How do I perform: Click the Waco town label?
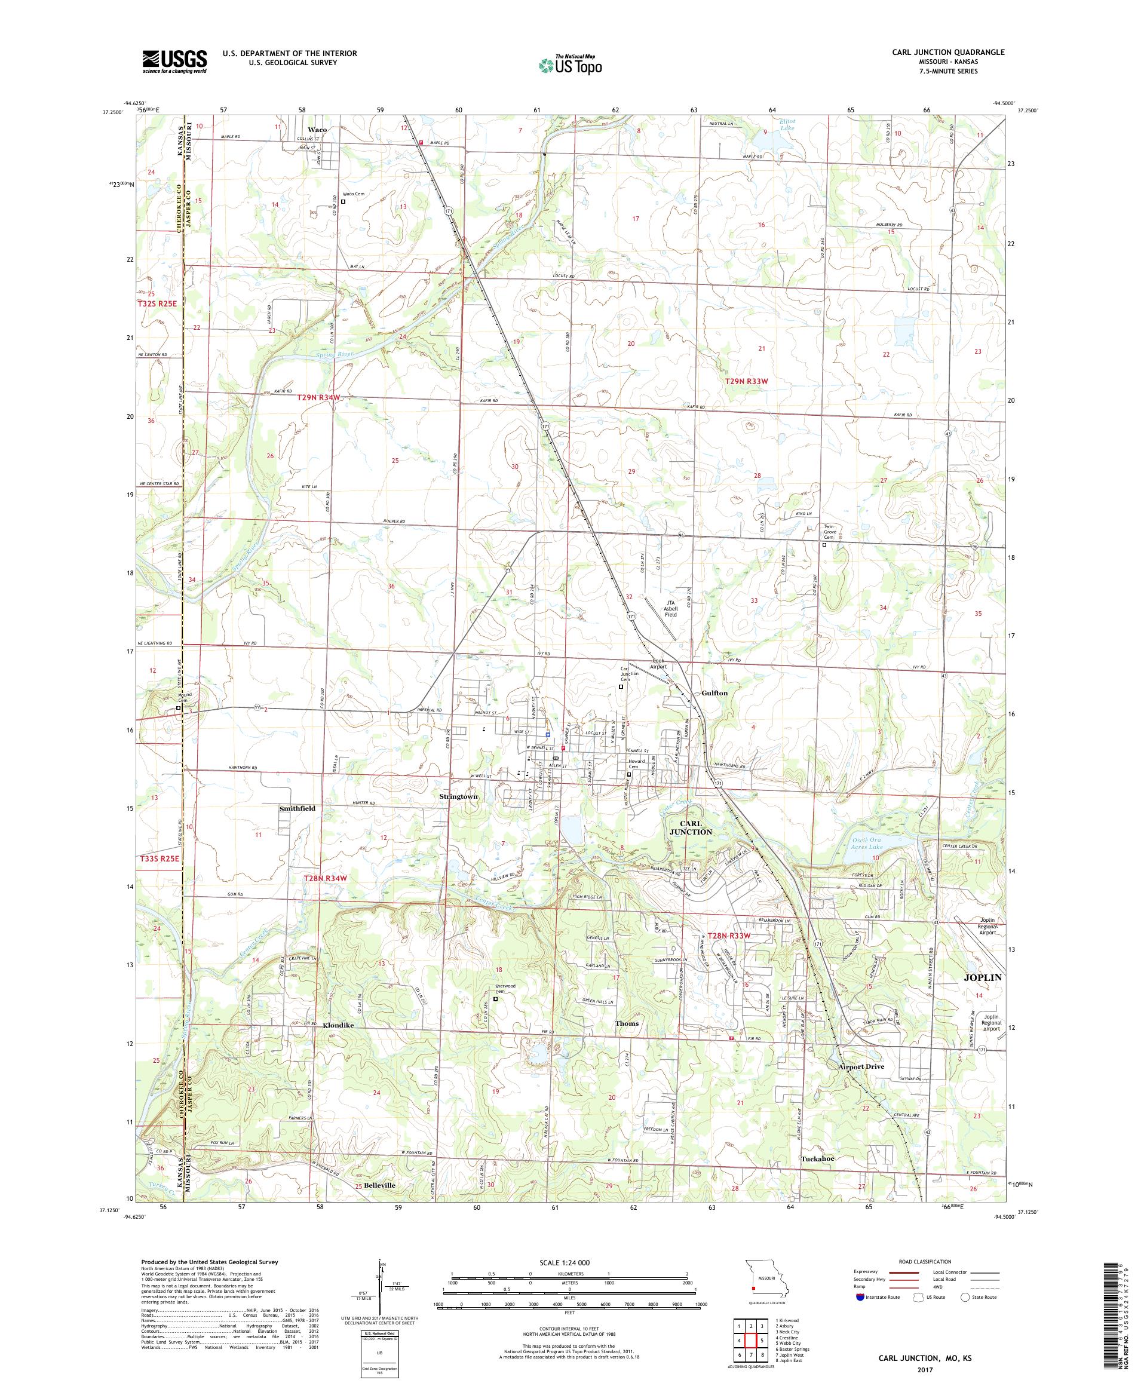pyautogui.click(x=317, y=130)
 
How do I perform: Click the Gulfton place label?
pyautogui.click(x=714, y=693)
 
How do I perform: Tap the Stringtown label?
pyautogui.click(x=458, y=796)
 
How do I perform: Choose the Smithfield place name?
pyautogui.click(x=297, y=808)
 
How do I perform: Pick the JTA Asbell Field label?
pyautogui.click(x=670, y=608)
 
